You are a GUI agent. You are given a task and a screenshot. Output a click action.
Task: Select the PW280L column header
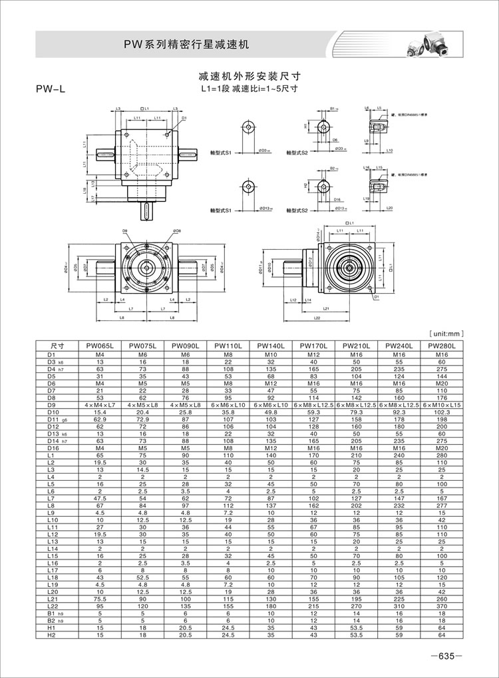click(441, 346)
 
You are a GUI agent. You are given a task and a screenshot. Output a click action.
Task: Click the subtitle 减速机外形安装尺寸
click(249, 77)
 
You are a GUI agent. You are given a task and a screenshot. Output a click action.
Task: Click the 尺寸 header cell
click(57, 346)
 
